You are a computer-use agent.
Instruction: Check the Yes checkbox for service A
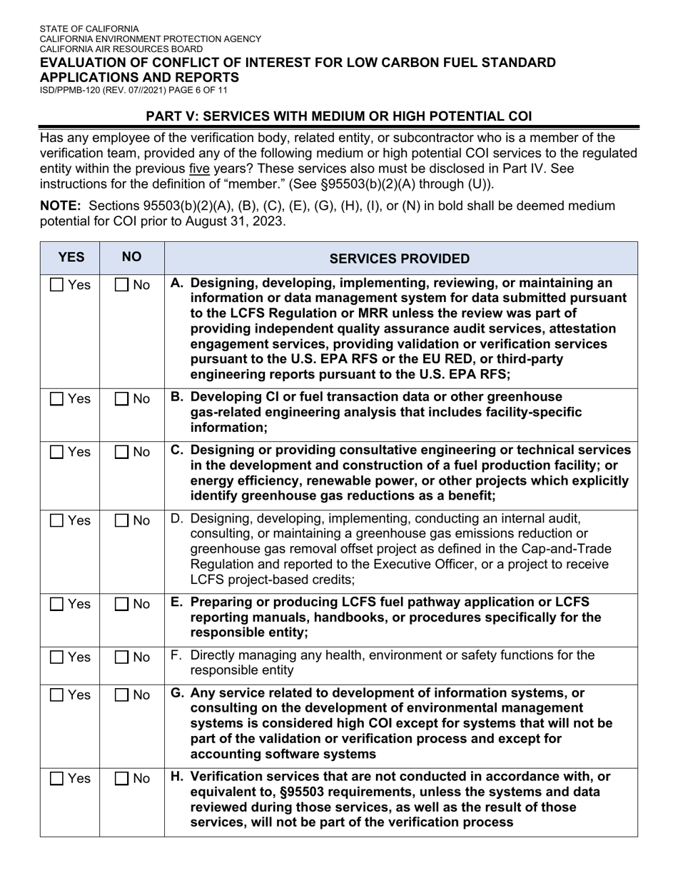pyautogui.click(x=57, y=286)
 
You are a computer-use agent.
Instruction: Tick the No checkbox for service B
pyautogui.click(x=122, y=400)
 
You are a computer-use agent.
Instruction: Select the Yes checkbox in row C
pyautogui.click(x=57, y=453)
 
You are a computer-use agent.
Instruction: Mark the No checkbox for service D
pyautogui.click(x=122, y=521)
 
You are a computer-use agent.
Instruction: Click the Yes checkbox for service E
pyautogui.click(x=57, y=605)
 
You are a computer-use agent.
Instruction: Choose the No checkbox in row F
pyautogui.click(x=122, y=657)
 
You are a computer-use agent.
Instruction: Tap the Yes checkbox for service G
pyautogui.click(x=57, y=695)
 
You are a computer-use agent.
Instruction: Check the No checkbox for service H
pyautogui.click(x=122, y=779)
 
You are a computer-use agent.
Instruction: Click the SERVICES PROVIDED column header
pyautogui.click(x=400, y=258)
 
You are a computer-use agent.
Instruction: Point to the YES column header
pyautogui.click(x=71, y=257)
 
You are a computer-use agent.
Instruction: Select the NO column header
pyautogui.click(x=131, y=257)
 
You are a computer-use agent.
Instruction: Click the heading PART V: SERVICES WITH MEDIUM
pyautogui.click(x=338, y=116)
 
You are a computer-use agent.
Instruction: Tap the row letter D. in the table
pyautogui.click(x=178, y=518)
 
